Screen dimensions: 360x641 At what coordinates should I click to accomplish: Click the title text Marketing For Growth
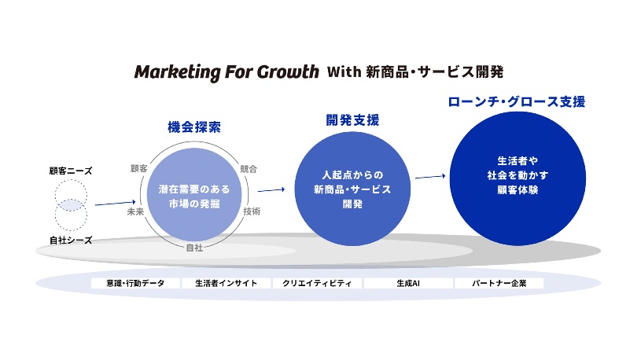tap(225, 72)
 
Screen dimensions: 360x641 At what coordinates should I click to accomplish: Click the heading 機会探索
tap(194, 127)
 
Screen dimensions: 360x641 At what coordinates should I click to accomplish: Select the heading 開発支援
tap(352, 120)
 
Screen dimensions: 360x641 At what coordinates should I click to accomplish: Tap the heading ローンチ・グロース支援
tap(517, 102)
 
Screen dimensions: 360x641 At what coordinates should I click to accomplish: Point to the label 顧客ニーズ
tap(71, 170)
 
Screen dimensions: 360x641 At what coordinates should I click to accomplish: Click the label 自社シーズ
tap(71, 241)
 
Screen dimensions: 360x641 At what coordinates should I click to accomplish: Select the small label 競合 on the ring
tap(249, 168)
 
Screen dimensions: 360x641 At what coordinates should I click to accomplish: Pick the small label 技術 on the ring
tap(252, 211)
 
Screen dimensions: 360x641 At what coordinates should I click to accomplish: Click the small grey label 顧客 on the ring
tap(138, 168)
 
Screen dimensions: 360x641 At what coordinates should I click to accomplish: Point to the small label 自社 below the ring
tap(194, 248)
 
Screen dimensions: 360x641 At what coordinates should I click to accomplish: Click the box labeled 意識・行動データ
tap(134, 283)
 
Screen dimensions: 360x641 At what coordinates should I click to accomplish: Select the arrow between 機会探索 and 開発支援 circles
tap(270, 189)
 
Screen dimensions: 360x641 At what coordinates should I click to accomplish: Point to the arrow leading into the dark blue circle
tap(429, 176)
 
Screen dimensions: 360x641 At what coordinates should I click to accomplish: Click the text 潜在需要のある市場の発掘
tap(194, 197)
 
